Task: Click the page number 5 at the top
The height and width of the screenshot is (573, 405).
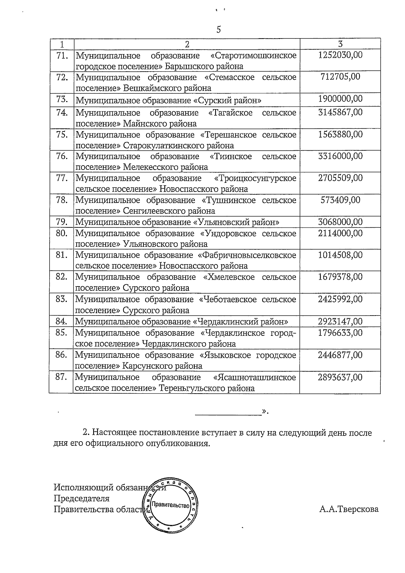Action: (218, 30)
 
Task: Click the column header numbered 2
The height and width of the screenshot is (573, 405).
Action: (187, 44)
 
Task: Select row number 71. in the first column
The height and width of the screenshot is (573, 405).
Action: (62, 55)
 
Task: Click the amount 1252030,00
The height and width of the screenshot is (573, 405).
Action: (340, 55)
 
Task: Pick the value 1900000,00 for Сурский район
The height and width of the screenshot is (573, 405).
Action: (340, 99)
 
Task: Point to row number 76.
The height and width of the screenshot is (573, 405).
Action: (62, 156)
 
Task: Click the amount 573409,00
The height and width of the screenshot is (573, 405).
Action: (340, 200)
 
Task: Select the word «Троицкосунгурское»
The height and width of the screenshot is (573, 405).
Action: (255, 178)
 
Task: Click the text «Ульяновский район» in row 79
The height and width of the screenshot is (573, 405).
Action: (236, 222)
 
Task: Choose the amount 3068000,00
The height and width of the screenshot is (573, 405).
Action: (340, 222)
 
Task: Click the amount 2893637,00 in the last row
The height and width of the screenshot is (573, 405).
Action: (340, 377)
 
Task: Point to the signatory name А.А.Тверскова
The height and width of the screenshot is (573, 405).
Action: (349, 509)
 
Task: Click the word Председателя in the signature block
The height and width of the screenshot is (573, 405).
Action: (81, 499)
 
